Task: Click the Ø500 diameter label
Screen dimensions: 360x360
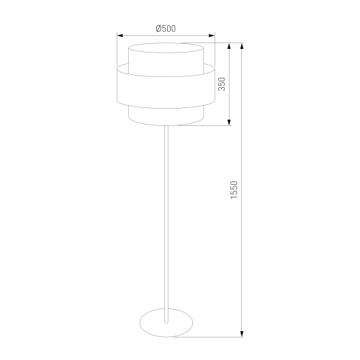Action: tap(166, 29)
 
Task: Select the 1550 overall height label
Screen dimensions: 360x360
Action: tap(234, 190)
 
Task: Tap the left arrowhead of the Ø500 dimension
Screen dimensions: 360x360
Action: tap(120, 36)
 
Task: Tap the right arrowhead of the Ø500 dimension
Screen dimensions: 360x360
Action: tap(212, 36)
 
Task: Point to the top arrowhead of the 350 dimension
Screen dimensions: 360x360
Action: tap(229, 46)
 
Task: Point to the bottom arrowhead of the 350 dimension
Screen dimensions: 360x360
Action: tap(229, 122)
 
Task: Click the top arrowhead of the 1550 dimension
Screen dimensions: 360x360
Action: tap(242, 46)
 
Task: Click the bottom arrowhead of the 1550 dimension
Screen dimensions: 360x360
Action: tap(242, 334)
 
